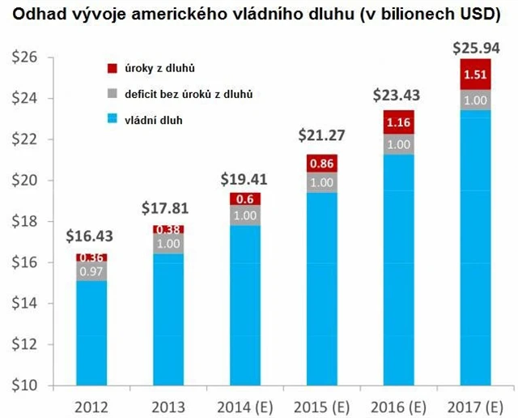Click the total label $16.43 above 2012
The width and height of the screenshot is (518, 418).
click(x=90, y=237)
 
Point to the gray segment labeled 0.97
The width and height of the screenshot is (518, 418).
click(x=90, y=271)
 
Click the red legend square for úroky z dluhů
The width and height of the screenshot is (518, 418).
click(x=112, y=68)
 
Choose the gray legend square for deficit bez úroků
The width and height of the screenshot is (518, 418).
click(x=112, y=94)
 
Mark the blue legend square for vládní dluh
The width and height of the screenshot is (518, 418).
click(x=112, y=120)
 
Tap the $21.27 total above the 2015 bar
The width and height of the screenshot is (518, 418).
click(x=323, y=134)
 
